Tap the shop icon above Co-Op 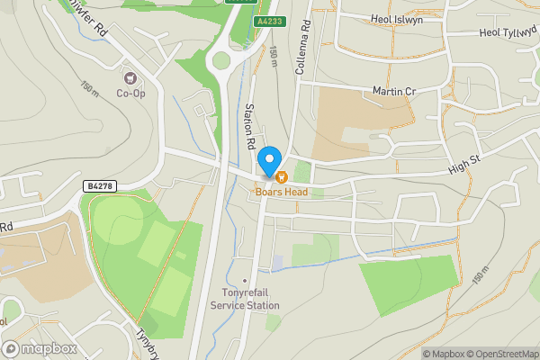[130, 78]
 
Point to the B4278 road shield [100, 185]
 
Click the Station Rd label [250, 126]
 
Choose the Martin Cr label [393, 91]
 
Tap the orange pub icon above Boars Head [281, 177]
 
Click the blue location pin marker [268, 162]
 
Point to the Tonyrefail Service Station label [245, 299]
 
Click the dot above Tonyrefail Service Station [245, 280]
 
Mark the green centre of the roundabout [220, 61]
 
